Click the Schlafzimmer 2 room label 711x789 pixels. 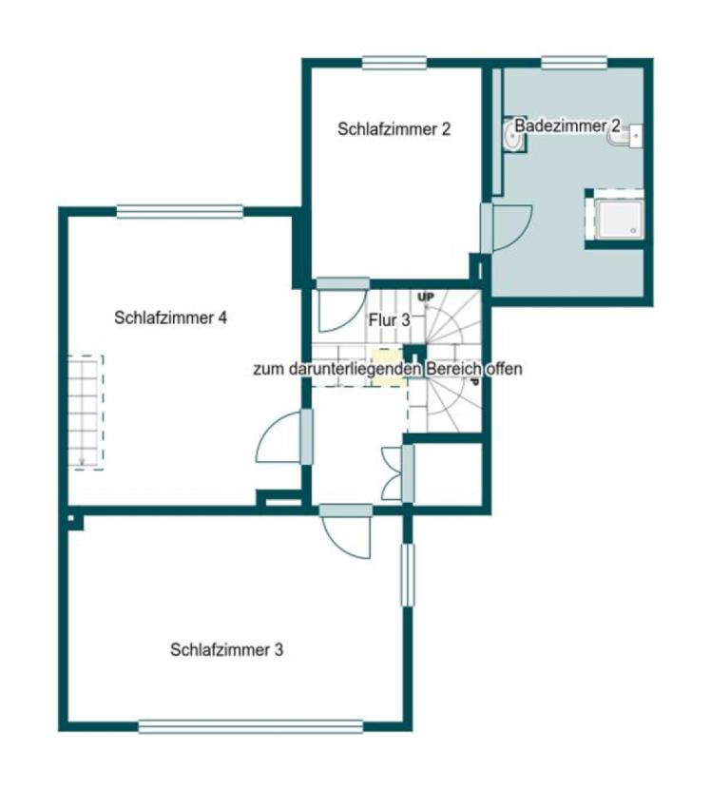[x=394, y=129]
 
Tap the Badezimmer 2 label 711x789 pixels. [x=567, y=125]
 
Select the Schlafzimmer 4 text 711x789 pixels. [x=170, y=318]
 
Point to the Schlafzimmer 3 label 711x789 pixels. [x=226, y=649]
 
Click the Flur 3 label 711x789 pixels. [x=390, y=320]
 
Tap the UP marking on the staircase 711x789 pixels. [x=426, y=297]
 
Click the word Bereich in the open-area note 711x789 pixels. [x=453, y=369]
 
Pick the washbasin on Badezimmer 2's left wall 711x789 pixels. [x=512, y=135]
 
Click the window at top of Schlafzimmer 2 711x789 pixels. [x=394, y=63]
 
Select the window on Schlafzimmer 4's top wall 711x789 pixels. [x=180, y=212]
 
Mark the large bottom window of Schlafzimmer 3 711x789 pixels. [x=251, y=726]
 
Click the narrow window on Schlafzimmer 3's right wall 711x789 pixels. [x=408, y=575]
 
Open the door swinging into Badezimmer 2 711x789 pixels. [x=506, y=228]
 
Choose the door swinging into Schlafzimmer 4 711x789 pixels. [x=285, y=436]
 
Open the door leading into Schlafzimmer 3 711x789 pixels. [x=346, y=531]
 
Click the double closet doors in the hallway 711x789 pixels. [x=398, y=473]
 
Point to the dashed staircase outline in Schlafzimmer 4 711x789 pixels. [x=86, y=413]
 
